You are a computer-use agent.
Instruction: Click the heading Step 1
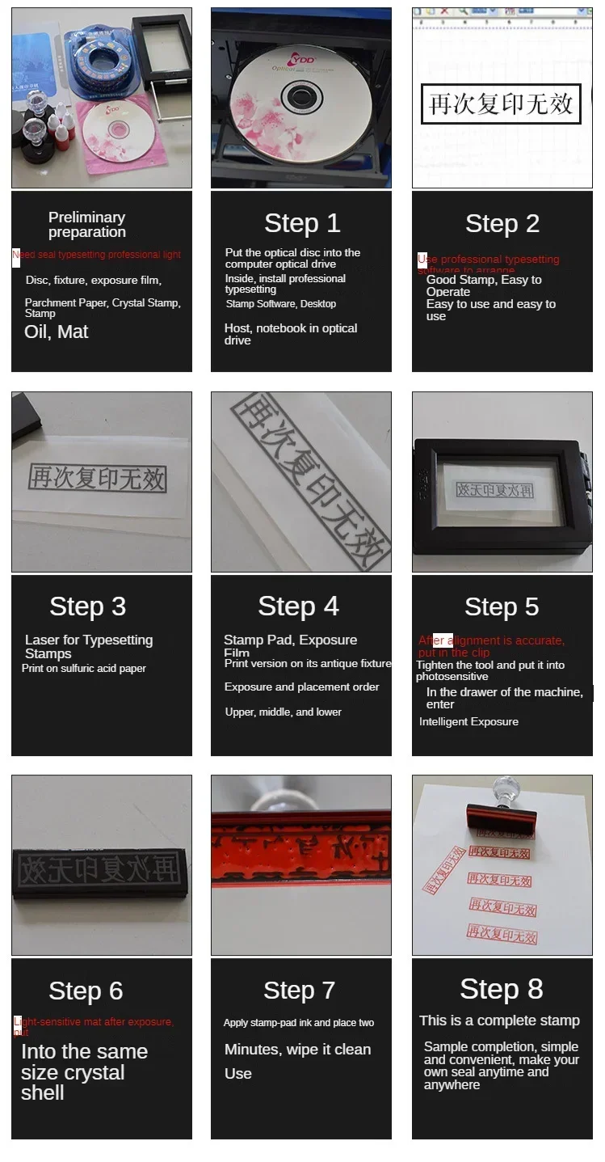(302, 223)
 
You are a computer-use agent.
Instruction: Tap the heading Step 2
(502, 224)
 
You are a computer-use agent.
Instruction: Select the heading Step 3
(87, 606)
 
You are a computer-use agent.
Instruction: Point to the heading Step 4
(298, 606)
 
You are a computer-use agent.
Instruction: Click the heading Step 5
(502, 607)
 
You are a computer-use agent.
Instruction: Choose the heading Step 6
(86, 991)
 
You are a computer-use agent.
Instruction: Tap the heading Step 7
(299, 991)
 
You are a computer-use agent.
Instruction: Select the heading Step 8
(502, 989)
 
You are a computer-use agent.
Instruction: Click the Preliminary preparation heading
(86, 225)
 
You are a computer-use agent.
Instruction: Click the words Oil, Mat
(57, 332)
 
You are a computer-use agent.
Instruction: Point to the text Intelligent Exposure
(468, 721)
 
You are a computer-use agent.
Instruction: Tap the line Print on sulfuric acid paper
(84, 669)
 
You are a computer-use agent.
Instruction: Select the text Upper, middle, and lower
(283, 712)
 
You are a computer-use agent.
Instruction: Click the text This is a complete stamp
(499, 1020)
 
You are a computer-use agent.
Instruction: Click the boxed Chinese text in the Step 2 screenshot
(501, 104)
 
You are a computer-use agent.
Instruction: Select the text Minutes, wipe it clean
(297, 1050)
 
